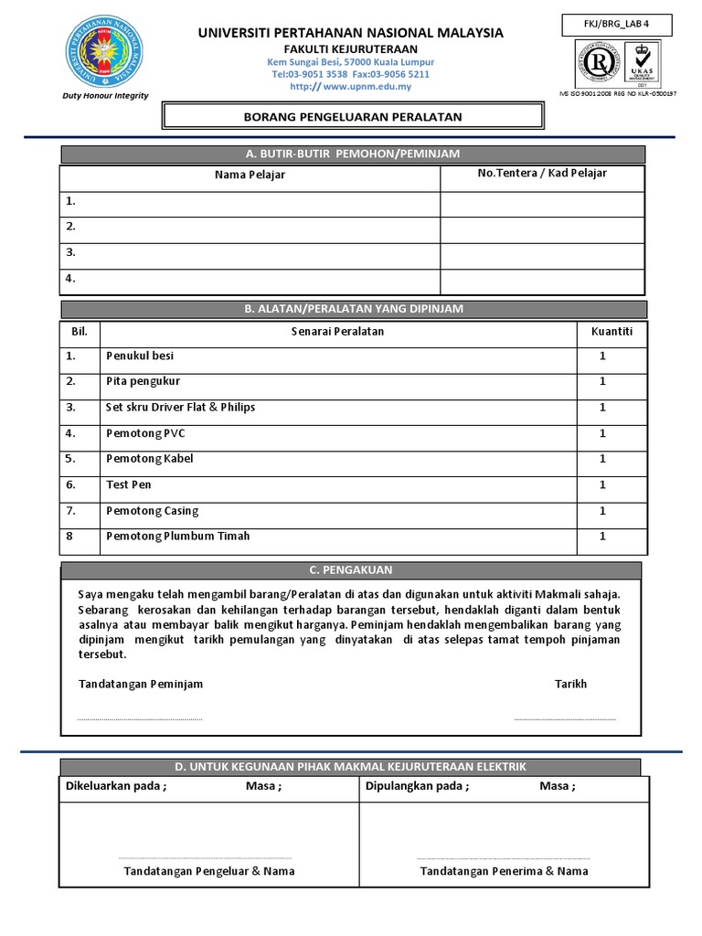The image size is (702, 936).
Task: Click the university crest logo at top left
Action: click(x=104, y=53)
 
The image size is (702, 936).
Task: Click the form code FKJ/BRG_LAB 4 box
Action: click(x=619, y=25)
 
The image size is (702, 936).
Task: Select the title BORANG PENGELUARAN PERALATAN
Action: click(x=352, y=116)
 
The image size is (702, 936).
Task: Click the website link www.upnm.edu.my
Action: click(x=351, y=87)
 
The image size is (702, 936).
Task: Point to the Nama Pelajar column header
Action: click(x=250, y=175)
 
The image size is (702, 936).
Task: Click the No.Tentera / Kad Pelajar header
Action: click(x=542, y=173)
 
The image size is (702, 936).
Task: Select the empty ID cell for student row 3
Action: click(x=542, y=252)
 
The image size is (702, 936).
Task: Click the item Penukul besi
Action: click(x=140, y=356)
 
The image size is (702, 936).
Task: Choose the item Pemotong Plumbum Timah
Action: click(x=177, y=537)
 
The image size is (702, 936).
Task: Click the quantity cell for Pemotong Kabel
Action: click(x=602, y=459)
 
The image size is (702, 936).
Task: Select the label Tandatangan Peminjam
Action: click(x=141, y=684)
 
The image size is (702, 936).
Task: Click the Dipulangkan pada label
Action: click(x=417, y=786)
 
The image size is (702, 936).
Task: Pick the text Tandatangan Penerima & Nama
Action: click(x=504, y=871)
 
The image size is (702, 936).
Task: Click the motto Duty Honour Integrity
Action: click(x=104, y=95)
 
